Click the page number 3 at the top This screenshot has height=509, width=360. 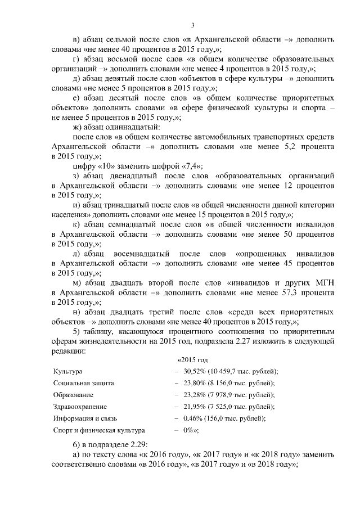pyautogui.click(x=192, y=25)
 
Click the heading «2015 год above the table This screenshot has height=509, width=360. pyautogui.click(x=193, y=359)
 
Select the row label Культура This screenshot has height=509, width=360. pyautogui.click(x=67, y=372)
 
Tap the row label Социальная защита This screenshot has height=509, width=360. pyautogui.click(x=84, y=383)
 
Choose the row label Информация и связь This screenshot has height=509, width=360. pyautogui.click(x=83, y=418)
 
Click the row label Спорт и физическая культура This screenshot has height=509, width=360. pyautogui.click(x=96, y=430)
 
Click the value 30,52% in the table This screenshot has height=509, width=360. pyautogui.click(x=194, y=372)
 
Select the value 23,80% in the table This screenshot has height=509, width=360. pyautogui.click(x=194, y=383)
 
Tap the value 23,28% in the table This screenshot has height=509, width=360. pyautogui.click(x=194, y=394)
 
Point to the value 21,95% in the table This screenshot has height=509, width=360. pyautogui.click(x=194, y=406)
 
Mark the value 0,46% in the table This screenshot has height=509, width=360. pyautogui.click(x=193, y=418)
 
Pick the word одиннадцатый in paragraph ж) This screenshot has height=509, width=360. pyautogui.click(x=118, y=128)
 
